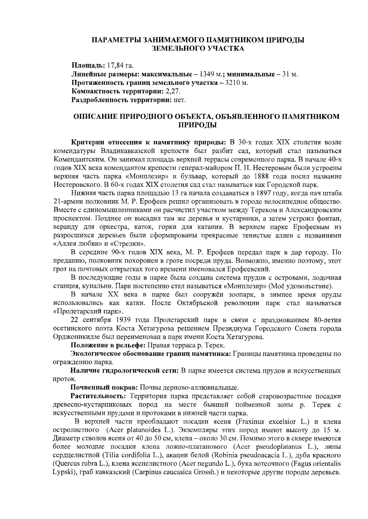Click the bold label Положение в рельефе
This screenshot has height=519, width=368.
[109, 346]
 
